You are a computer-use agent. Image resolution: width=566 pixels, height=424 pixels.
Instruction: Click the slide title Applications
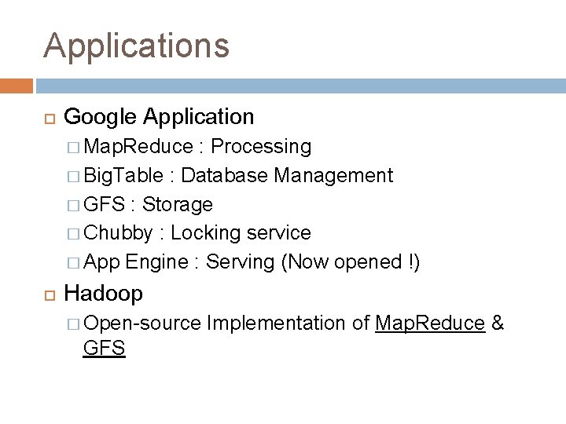[x=137, y=46]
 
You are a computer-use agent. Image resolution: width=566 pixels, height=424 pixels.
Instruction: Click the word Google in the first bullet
[x=100, y=117]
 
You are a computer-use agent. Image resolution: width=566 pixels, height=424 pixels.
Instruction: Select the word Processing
[x=261, y=147]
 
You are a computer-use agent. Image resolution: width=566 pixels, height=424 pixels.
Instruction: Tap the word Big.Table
[x=123, y=175]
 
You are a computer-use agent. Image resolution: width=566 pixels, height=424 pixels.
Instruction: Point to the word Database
[x=226, y=175]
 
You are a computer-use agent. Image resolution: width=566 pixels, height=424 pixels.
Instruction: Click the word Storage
[x=178, y=204]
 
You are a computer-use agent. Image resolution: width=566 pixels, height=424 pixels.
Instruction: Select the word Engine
[x=155, y=262]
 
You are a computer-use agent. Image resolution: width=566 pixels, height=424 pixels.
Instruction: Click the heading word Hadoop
[x=103, y=294]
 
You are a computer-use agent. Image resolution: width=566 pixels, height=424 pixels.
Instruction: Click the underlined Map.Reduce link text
[x=429, y=323]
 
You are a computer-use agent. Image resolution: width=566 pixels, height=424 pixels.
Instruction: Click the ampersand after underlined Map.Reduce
[x=498, y=323]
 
